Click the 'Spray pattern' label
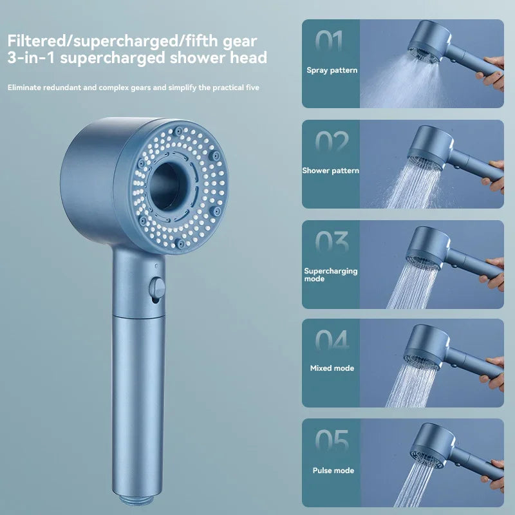(x=332, y=70)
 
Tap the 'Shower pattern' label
(x=331, y=171)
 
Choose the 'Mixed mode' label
(x=332, y=368)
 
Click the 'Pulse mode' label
(x=332, y=471)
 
